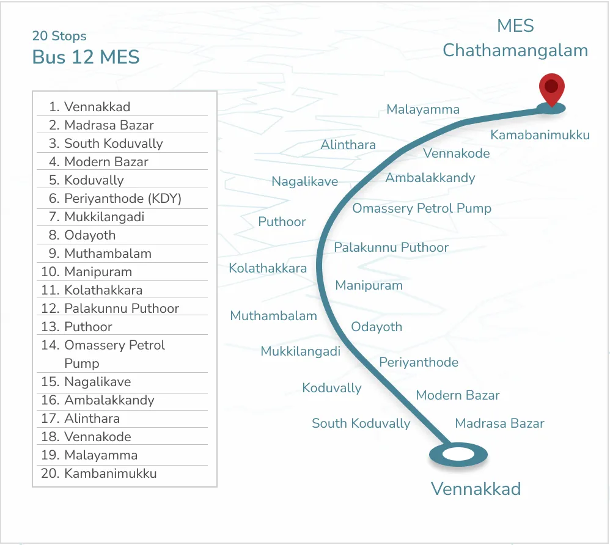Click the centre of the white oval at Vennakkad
(x=458, y=454)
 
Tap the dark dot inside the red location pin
(x=552, y=86)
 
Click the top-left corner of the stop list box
(x=32, y=91)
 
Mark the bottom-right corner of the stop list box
(x=217, y=486)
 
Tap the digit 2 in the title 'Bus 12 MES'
(x=88, y=57)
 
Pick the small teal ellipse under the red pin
(x=551, y=108)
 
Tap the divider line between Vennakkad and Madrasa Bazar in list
(x=122, y=116)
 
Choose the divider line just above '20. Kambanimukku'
(x=122, y=465)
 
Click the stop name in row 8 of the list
(x=90, y=235)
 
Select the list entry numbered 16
(x=98, y=400)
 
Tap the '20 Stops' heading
(x=59, y=36)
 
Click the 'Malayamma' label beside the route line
(x=423, y=109)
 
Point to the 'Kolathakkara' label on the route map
(x=268, y=268)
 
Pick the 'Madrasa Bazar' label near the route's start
(x=499, y=423)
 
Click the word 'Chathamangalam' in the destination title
(x=515, y=51)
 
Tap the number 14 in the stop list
(x=50, y=345)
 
